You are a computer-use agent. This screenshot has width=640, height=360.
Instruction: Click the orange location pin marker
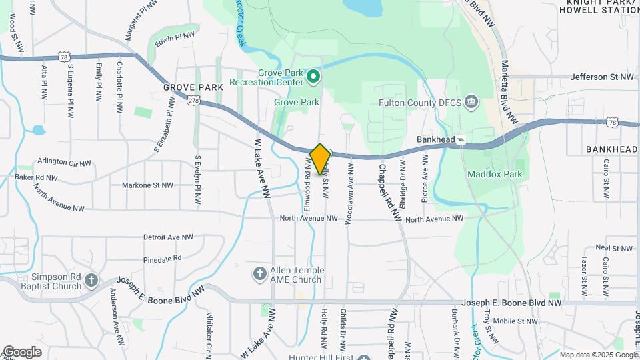coord(320,159)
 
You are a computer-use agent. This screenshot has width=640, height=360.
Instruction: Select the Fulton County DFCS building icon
coord(471,102)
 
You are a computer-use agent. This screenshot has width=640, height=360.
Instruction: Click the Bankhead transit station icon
coord(461,139)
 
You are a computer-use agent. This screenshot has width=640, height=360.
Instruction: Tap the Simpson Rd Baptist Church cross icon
coord(92,281)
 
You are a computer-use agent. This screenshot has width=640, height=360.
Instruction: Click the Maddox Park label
coord(495,174)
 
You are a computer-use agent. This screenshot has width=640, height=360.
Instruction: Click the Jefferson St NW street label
coord(602,77)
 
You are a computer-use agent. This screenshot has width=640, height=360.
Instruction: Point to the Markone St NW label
coord(147,185)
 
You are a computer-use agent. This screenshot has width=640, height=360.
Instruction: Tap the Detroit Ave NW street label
coord(168,237)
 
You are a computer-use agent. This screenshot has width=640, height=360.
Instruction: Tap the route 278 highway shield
coord(193,100)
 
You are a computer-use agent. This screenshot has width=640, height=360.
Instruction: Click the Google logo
coord(22,351)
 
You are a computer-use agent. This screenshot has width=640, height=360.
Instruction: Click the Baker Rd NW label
coord(36,178)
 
